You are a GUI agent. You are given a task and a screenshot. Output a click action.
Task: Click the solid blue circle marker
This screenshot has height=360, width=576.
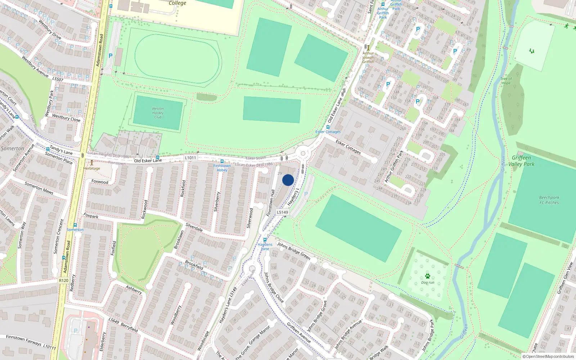(x=288, y=180)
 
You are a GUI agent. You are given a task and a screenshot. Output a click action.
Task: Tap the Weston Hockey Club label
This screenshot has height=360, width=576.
(x=158, y=113)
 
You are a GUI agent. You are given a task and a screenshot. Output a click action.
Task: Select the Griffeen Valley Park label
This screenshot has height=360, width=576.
(x=521, y=161)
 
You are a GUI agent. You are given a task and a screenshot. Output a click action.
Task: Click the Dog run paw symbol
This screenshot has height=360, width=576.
(x=427, y=276)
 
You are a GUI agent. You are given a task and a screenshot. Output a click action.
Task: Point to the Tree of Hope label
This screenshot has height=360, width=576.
(x=506, y=81)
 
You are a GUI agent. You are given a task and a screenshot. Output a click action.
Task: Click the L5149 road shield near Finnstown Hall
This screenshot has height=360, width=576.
(x=282, y=212)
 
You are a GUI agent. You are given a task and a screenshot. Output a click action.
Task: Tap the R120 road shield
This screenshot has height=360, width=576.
(x=63, y=280)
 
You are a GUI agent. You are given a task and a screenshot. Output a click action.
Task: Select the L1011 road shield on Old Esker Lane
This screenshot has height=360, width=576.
(x=190, y=158)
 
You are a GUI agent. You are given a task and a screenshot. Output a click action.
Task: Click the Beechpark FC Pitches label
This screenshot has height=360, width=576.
(x=549, y=200)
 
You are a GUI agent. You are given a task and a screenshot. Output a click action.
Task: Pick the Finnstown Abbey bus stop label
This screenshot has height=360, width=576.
(x=222, y=168)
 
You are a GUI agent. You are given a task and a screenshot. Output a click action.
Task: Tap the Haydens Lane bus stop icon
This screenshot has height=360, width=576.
(x=265, y=240)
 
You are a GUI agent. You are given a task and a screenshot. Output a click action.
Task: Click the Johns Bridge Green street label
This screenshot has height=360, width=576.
(x=293, y=251)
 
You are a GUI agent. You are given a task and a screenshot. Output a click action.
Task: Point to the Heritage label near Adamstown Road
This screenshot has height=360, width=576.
(x=92, y=168)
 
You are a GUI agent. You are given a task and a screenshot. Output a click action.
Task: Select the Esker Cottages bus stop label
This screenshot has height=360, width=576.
(x=328, y=132)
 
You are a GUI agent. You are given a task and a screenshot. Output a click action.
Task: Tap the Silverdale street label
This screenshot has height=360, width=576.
(x=194, y=227)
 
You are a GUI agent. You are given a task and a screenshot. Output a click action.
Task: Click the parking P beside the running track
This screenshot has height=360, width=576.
(x=111, y=56)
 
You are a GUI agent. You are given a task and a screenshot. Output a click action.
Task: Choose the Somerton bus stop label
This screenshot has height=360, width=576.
(x=75, y=230)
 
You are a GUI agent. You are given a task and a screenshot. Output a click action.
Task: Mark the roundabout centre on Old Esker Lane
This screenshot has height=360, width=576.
(x=303, y=153)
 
